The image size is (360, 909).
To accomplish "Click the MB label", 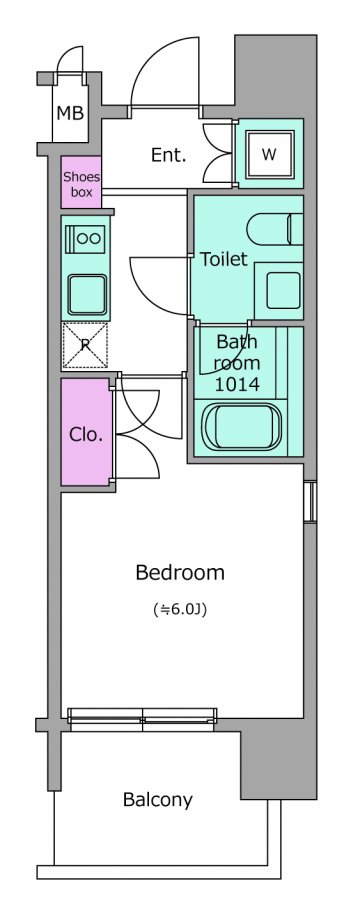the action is pos(70,113).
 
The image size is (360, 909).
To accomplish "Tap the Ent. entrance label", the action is pos(168,155).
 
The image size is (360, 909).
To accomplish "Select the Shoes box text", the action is pos(81,184).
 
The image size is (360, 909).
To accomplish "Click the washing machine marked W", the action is pos(269,154).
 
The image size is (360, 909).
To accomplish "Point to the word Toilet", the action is pos(223,259).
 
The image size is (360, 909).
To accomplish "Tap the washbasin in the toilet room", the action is pos(283,290).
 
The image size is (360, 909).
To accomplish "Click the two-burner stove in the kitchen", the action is pos(86,238).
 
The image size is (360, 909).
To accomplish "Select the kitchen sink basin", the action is pos(86,295).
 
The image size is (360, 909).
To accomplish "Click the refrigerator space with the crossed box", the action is pos(85,346).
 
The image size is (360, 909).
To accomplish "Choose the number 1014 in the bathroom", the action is pos(237,384).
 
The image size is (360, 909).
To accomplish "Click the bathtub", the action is pos(242,427).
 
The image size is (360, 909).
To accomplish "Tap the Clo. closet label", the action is pos(86,434).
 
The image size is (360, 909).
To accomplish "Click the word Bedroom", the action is pos(180,573).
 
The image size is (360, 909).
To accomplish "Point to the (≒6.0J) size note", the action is pos(180,609).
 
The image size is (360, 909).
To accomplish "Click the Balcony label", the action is pos(158,800).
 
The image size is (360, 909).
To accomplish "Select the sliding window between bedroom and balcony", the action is pos(142,716).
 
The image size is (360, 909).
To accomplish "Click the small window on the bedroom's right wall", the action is pos(310,501).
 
